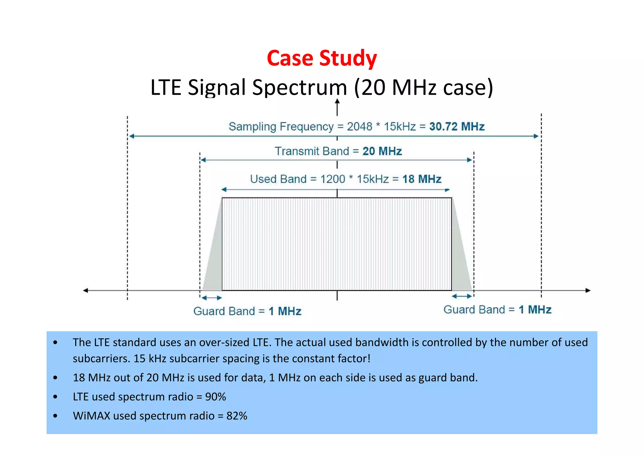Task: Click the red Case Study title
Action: tap(322, 58)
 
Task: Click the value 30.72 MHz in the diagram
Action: tap(457, 126)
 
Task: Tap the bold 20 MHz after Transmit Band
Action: tap(382, 151)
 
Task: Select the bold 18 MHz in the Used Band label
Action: tap(422, 179)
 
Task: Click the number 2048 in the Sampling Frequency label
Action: tap(359, 126)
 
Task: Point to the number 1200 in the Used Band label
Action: tap(332, 179)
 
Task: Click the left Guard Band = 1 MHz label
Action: tap(247, 311)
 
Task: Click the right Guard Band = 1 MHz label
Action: tap(497, 310)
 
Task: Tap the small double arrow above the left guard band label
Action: tap(212, 298)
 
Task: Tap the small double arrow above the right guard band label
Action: tap(462, 296)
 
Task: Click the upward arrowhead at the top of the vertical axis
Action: tap(337, 102)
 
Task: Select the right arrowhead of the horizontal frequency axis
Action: tap(588, 291)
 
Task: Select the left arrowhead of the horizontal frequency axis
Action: tap(86, 291)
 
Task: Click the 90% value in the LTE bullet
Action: tap(215, 397)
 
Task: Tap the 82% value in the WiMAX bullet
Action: tap(236, 416)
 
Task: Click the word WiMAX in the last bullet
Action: tap(92, 416)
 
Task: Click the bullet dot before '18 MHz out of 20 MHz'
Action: tap(55, 378)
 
